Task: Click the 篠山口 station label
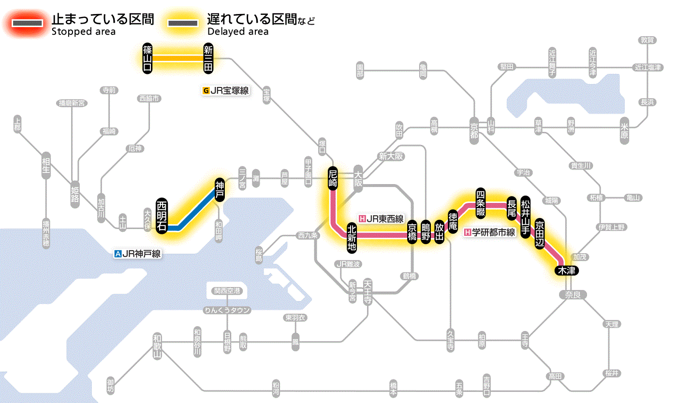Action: (147, 58)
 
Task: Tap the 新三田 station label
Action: (208, 58)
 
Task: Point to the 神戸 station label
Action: (220, 189)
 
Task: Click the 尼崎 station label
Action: (332, 178)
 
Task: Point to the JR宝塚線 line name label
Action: (226, 90)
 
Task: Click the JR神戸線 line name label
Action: (137, 253)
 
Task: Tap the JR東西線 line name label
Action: (381, 219)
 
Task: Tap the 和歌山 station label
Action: (157, 346)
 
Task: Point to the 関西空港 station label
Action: (227, 291)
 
